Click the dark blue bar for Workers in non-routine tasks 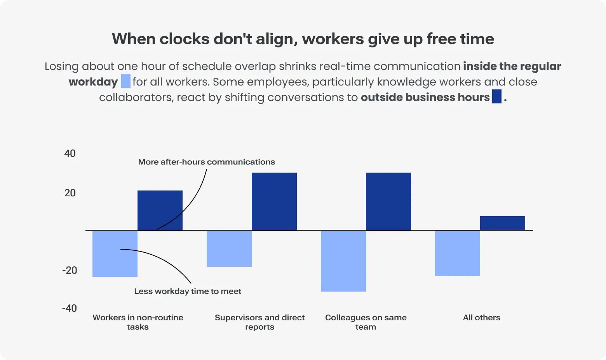[x=160, y=210]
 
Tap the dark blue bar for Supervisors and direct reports [x=274, y=201]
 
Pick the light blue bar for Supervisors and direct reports [x=229, y=248]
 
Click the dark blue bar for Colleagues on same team [x=388, y=201]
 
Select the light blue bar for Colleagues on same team [x=343, y=261]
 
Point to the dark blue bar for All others [x=503, y=223]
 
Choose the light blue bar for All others [x=458, y=253]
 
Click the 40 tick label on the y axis [x=70, y=154]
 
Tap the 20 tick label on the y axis [x=70, y=193]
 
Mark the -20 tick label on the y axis [x=70, y=270]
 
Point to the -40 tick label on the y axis [x=70, y=308]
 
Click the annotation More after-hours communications [x=206, y=162]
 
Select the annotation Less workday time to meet [x=188, y=291]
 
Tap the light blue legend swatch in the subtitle [x=126, y=81]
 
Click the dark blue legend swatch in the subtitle [x=496, y=96]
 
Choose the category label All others [x=481, y=318]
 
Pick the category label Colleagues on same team [x=366, y=322]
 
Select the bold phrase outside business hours [x=425, y=97]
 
